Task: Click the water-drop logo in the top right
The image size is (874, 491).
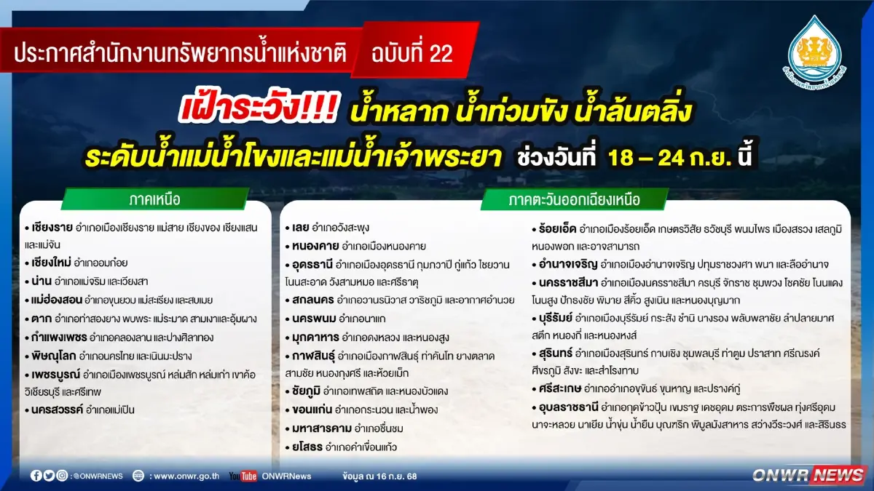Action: pyautogui.click(x=815, y=49)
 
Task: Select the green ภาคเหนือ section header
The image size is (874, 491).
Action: pyautogui.click(x=154, y=199)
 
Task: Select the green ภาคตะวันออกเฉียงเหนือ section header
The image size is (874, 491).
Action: pyautogui.click(x=575, y=199)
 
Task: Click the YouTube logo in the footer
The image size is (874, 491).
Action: pyautogui.click(x=243, y=476)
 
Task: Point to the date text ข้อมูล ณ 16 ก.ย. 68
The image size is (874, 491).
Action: pyautogui.click(x=379, y=476)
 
